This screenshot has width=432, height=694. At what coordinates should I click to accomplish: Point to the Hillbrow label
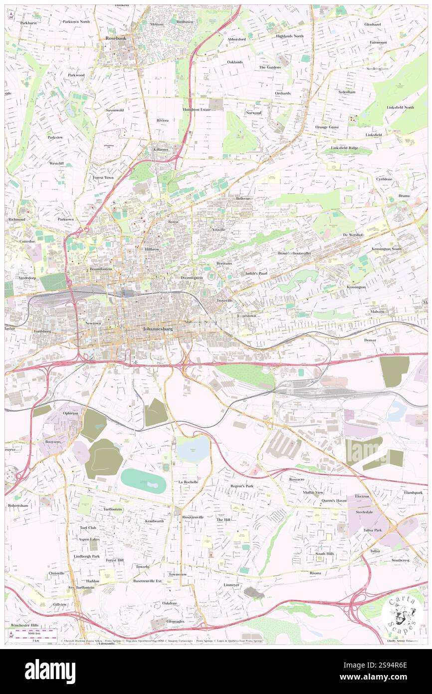click(152, 249)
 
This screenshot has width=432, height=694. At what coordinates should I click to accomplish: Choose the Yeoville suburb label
click(219, 229)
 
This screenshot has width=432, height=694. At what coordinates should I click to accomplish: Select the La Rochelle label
click(188, 481)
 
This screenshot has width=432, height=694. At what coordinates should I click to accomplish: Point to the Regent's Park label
click(241, 486)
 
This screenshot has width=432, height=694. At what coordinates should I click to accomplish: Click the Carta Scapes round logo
click(401, 616)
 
